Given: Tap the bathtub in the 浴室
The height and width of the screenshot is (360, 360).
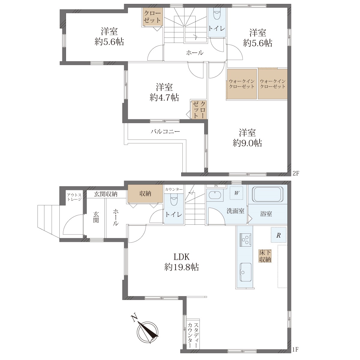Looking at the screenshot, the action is [x=268, y=195].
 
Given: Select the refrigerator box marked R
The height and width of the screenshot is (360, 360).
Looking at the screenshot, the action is [x=278, y=235].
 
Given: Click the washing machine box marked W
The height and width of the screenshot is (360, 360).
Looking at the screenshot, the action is [x=236, y=193].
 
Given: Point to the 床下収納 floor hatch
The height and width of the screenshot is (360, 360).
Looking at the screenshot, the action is [x=265, y=256].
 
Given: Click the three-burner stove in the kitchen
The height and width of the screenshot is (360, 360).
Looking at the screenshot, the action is [x=244, y=240].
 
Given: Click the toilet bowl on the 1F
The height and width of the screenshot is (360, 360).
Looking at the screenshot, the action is [x=173, y=199].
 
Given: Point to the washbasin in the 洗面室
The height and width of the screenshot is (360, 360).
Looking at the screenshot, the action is [x=215, y=195].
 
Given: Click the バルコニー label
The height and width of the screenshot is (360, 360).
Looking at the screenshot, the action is [x=165, y=131].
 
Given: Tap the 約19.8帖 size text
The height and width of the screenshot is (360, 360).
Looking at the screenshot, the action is [x=181, y=267].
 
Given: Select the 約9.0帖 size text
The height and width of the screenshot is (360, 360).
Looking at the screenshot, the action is [x=247, y=143].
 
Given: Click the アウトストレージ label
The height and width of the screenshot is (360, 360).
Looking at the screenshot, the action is [x=74, y=197].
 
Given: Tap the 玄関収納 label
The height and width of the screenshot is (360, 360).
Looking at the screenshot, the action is [x=106, y=194].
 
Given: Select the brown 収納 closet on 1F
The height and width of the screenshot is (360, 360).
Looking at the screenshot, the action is [x=145, y=193].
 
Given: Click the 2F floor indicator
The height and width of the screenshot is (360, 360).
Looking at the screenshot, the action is [x=296, y=174].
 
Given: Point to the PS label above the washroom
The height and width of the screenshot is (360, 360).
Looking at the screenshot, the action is [x=216, y=186].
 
